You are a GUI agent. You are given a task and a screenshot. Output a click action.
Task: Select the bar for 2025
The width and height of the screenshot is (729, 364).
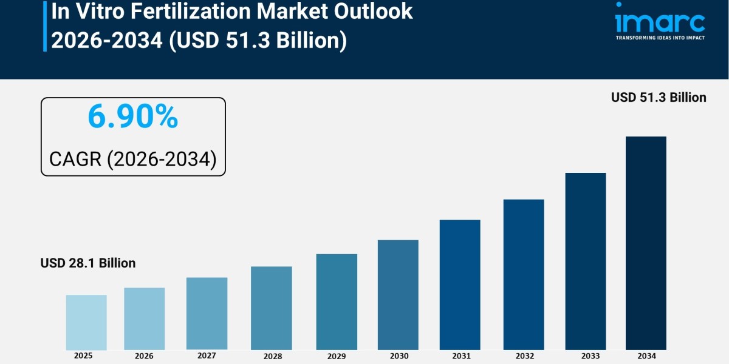(x=86, y=322)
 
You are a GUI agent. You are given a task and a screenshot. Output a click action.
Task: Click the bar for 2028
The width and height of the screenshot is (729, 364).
(x=271, y=308)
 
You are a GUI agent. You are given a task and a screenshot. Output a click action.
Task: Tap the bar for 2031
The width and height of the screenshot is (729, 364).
(x=460, y=285)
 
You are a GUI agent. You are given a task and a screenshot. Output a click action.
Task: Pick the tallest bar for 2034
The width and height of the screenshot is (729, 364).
(x=646, y=243)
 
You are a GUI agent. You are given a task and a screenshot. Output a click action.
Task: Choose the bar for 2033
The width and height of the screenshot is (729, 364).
(x=585, y=261)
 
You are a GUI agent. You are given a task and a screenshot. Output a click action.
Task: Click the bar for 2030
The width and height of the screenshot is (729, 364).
(x=398, y=295)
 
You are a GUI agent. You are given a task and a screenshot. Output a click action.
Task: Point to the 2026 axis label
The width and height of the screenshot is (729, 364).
(x=144, y=356)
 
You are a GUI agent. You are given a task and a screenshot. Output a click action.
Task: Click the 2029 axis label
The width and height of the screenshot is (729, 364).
(x=335, y=356)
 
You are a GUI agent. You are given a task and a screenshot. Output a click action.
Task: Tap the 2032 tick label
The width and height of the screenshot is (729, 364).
(x=524, y=356)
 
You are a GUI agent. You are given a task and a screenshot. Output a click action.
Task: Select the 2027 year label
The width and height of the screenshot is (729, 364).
(x=207, y=356)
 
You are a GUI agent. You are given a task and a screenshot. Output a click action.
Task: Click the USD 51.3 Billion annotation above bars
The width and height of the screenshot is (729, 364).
(x=659, y=97)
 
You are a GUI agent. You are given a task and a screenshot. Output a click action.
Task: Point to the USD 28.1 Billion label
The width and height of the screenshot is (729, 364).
(x=88, y=263)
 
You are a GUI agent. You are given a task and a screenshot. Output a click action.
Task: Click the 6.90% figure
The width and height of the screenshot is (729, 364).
(x=133, y=117)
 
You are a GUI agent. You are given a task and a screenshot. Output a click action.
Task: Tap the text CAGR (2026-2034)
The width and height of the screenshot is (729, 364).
(x=133, y=159)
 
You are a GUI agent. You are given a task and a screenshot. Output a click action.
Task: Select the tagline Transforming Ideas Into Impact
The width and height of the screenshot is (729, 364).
(x=660, y=38)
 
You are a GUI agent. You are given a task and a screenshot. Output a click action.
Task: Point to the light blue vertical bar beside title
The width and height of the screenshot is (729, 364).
(x=44, y=25)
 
